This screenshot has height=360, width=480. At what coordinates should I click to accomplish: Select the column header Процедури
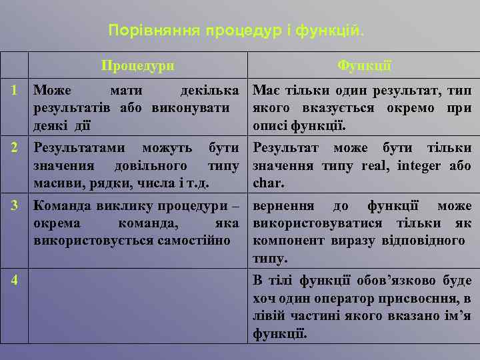tap(138, 66)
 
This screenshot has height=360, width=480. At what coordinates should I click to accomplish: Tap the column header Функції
tap(364, 66)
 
